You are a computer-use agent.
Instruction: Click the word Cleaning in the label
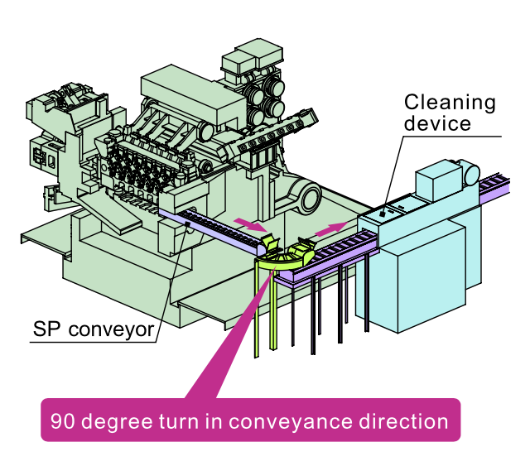point(450,103)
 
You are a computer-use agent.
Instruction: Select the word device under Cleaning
point(437,124)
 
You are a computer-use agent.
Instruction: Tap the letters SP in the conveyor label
point(46,329)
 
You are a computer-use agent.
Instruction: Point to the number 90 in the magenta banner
point(61,420)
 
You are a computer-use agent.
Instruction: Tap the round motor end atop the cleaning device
point(470,172)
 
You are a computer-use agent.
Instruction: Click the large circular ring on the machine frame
point(309,199)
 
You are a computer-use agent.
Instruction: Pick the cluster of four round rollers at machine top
point(263,95)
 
